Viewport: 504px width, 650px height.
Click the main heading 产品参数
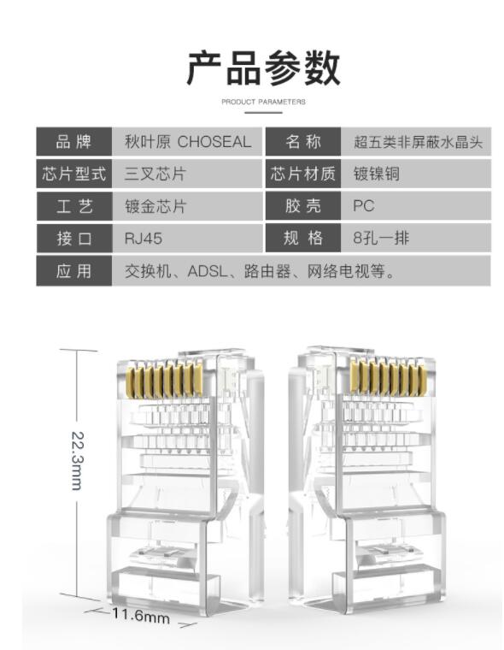[x=263, y=68]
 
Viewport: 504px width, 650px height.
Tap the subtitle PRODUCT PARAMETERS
[x=263, y=102]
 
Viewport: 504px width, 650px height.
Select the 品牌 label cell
[x=74, y=141]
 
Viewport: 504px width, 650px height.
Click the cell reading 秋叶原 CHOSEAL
[x=188, y=141]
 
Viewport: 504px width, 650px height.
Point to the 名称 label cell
[x=303, y=141]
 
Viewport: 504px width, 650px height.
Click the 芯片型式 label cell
[x=74, y=174]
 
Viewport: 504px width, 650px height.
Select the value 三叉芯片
[x=155, y=174]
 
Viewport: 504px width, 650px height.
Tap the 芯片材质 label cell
[x=303, y=174]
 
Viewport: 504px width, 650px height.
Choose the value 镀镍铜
[x=377, y=174]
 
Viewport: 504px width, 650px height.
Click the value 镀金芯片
[x=155, y=206]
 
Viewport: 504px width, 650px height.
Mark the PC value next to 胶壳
[x=364, y=206]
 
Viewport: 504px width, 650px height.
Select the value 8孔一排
[x=381, y=239]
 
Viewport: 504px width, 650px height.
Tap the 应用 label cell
[x=74, y=271]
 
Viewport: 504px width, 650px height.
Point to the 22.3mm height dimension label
[x=78, y=460]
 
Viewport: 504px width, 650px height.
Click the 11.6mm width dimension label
[x=141, y=615]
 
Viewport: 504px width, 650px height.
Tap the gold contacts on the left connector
[x=164, y=378]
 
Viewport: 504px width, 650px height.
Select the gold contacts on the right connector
[x=388, y=377]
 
